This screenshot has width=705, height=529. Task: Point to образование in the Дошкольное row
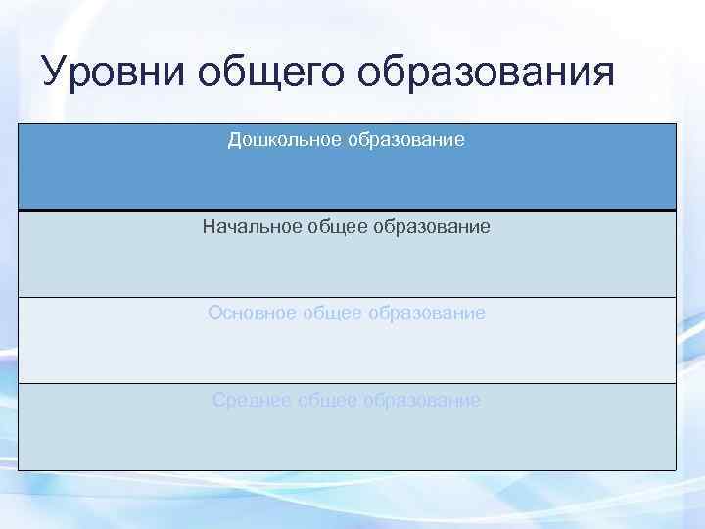click(404, 140)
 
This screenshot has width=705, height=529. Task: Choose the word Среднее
click(253, 400)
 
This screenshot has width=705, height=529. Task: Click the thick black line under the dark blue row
click(347, 210)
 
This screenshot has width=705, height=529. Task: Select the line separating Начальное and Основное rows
click(347, 297)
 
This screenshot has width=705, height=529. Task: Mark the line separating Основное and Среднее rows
click(347, 383)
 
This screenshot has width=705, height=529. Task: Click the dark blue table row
click(347, 181)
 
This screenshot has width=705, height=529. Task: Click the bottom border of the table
click(347, 470)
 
